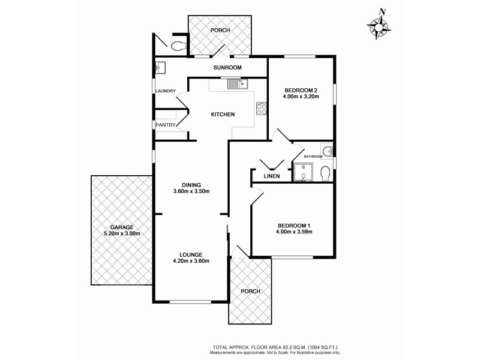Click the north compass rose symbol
379,26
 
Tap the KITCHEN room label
222,115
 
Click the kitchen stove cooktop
262,109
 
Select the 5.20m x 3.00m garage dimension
121,234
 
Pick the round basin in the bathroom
327,151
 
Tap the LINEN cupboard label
272,176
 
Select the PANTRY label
165,125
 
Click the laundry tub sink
161,67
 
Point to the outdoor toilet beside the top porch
178,45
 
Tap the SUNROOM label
227,68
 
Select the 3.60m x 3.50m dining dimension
191,191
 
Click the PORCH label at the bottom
250,292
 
